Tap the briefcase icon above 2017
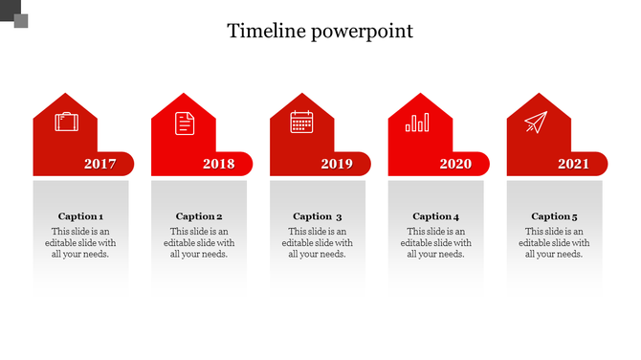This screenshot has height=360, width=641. point(66,123)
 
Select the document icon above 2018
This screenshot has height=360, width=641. point(184,123)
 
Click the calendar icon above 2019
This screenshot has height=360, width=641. point(302,123)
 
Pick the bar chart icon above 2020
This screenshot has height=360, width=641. point(418,123)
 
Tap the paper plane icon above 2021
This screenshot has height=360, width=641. point(535,123)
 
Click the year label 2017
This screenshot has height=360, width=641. point(99,165)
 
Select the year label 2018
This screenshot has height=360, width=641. point(218,165)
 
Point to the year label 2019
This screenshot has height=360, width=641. point(337,165)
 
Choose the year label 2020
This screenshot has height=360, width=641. point(455,165)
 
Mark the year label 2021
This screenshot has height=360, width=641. point(573,165)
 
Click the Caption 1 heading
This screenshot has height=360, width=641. point(80,216)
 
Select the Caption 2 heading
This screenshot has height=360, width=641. point(199,216)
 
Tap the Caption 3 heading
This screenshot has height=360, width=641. point(318,216)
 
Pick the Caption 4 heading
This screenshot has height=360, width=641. point(435,216)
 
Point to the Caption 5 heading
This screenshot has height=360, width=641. point(554,216)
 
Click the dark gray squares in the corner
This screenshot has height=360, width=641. point(14,13)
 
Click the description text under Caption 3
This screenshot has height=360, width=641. point(318,243)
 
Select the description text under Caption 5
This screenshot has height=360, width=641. point(554,243)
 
